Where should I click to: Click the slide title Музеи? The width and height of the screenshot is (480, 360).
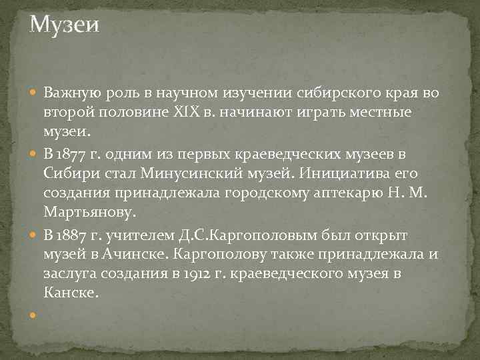coord(65,25)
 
